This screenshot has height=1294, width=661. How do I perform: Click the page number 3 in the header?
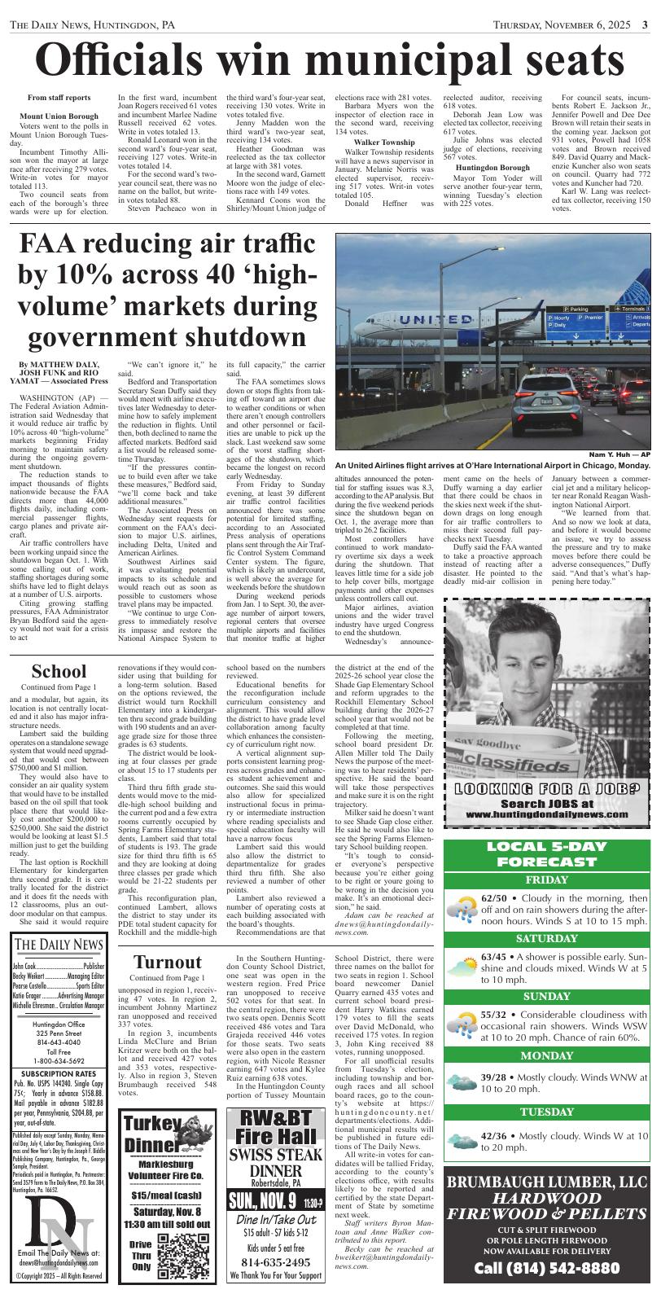pyautogui.click(x=644, y=24)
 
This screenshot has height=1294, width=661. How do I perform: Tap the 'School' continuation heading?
pyautogui.click(x=58, y=672)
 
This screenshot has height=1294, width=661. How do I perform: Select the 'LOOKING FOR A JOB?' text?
pyautogui.click(x=547, y=788)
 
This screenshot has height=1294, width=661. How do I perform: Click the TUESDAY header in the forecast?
pyautogui.click(x=546, y=1112)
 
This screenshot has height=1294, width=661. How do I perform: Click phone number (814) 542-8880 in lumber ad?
pyautogui.click(x=546, y=1269)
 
